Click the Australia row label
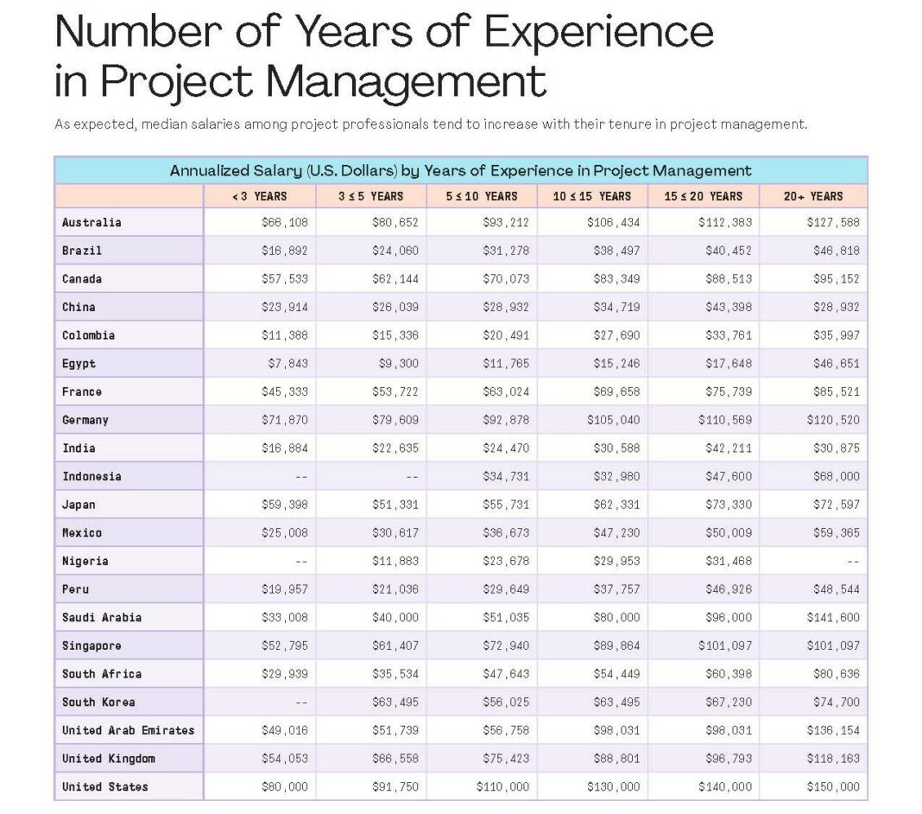(x=92, y=222)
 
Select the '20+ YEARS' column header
(x=813, y=196)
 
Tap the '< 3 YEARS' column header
(x=259, y=196)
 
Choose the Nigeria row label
(x=85, y=561)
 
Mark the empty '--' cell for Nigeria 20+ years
(x=852, y=561)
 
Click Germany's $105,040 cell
(x=613, y=420)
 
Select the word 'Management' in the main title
(x=406, y=82)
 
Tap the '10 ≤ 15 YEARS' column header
(x=592, y=196)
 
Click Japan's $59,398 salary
(x=285, y=505)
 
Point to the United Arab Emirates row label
(x=128, y=730)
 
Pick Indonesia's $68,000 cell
(x=836, y=476)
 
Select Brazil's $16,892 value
(x=285, y=251)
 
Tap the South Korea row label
(x=98, y=702)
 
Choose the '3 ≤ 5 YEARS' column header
(x=370, y=196)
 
